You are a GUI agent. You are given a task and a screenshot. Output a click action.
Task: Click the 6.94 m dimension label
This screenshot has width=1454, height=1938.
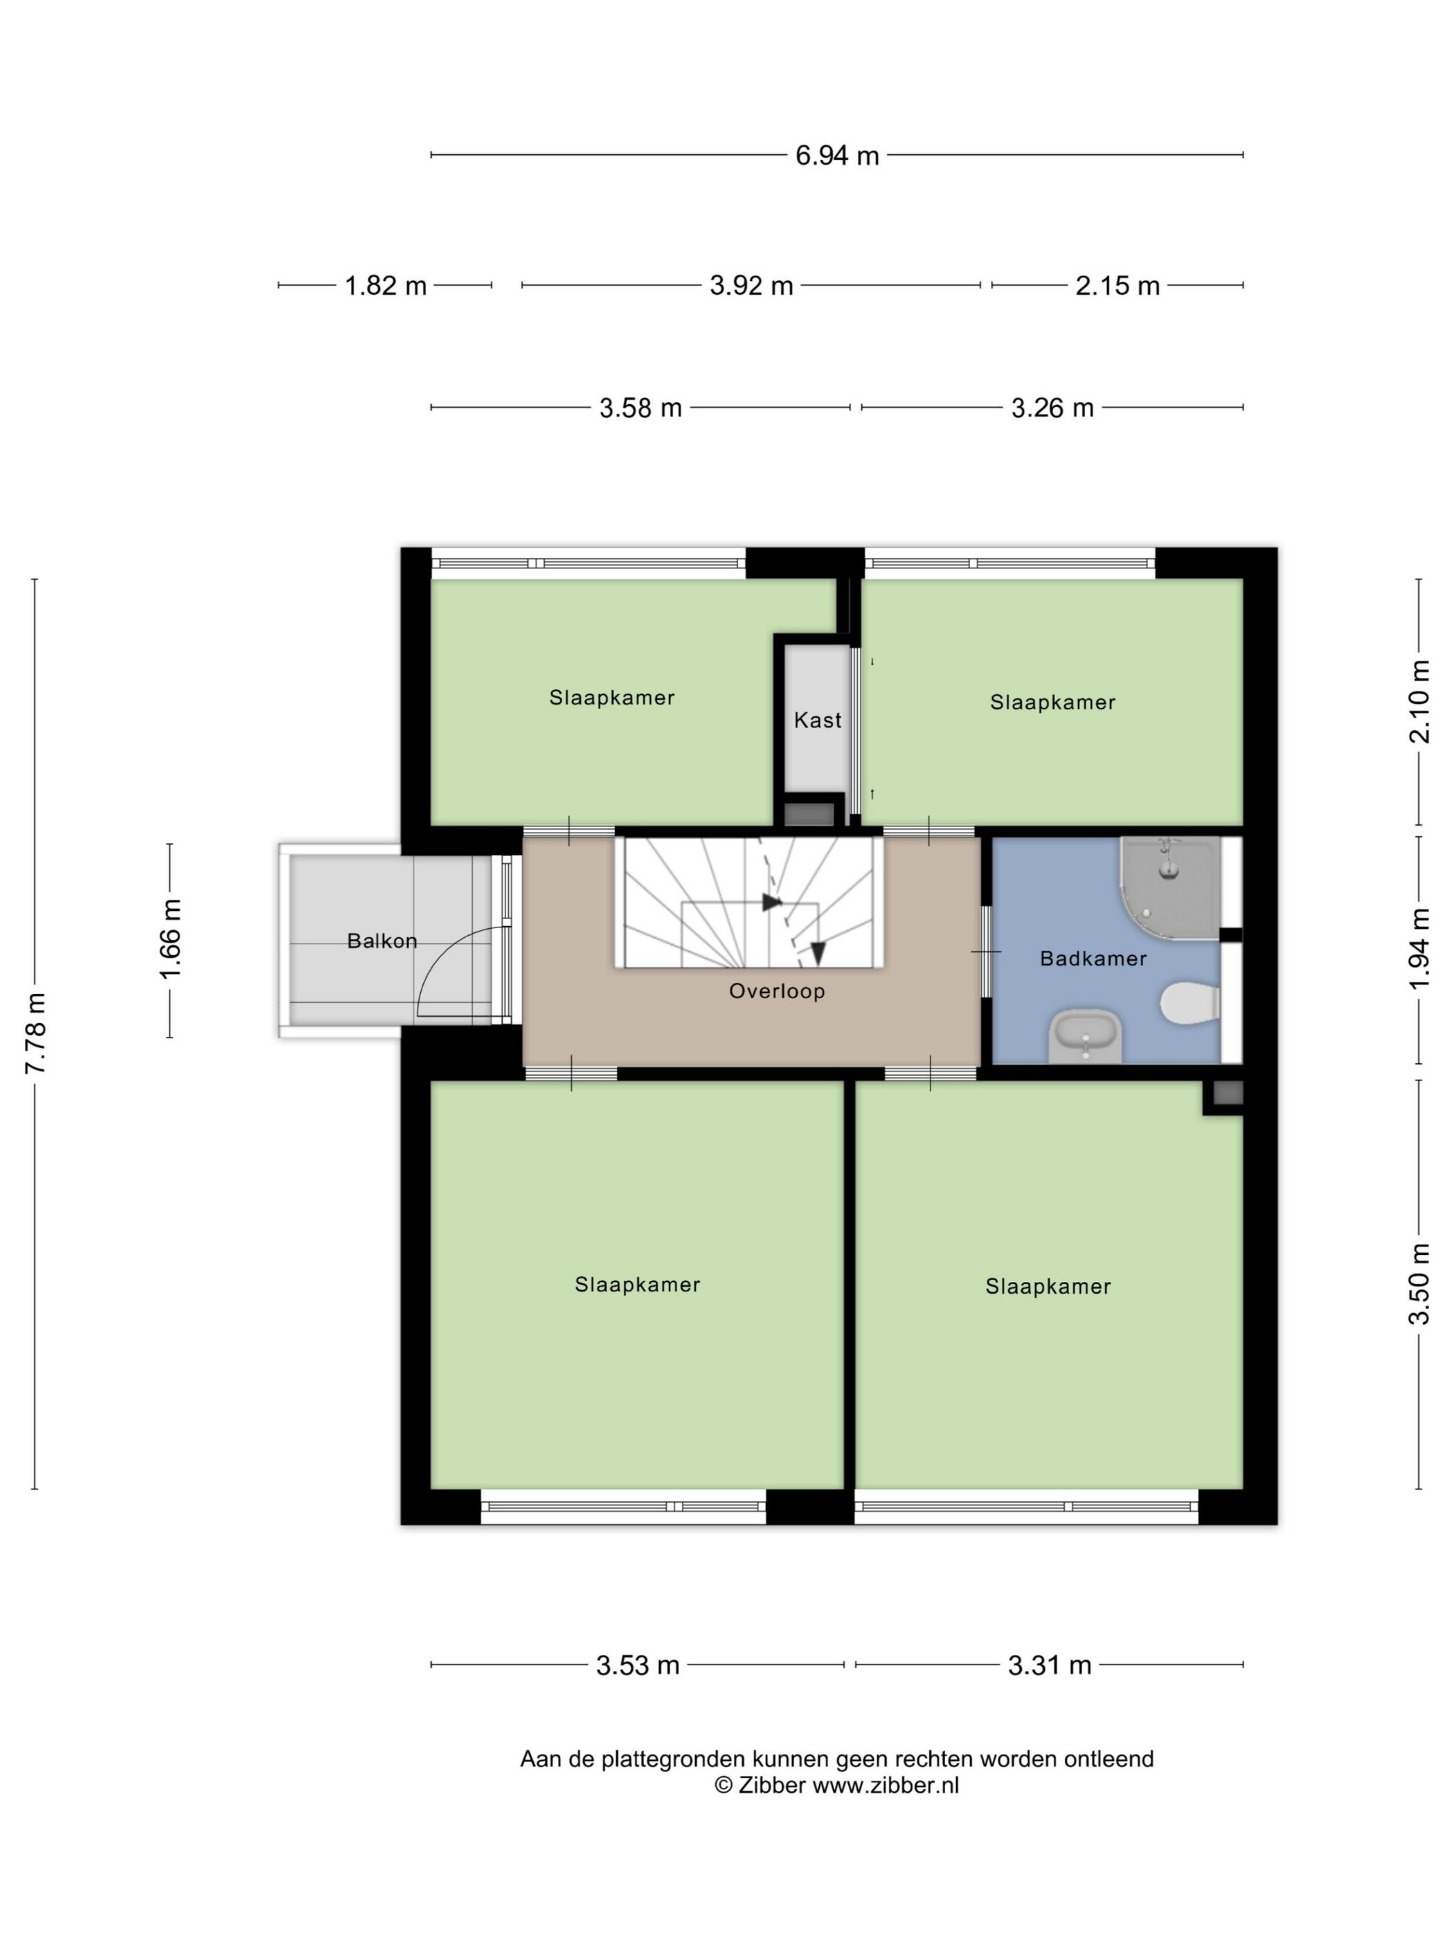(836, 155)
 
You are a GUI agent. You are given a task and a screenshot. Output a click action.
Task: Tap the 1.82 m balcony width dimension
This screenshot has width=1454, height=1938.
(385, 286)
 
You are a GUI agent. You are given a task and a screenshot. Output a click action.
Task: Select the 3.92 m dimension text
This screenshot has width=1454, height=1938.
(751, 286)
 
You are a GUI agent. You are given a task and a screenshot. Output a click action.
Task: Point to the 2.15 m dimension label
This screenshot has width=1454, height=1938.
(1117, 286)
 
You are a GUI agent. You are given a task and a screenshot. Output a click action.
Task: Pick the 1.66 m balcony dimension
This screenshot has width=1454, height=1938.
(170, 939)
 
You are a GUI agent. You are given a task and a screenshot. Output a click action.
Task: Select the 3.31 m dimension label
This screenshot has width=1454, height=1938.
(1049, 1665)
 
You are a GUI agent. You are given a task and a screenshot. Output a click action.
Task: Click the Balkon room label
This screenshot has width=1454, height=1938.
(382, 941)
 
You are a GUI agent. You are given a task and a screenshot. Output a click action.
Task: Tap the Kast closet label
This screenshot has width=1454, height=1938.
(818, 721)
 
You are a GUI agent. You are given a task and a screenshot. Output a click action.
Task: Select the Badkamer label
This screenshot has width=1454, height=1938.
(1093, 959)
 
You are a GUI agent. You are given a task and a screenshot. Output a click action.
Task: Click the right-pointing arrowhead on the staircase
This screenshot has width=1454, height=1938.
(771, 903)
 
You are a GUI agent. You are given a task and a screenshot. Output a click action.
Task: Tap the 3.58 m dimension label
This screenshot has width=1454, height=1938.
(640, 408)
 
